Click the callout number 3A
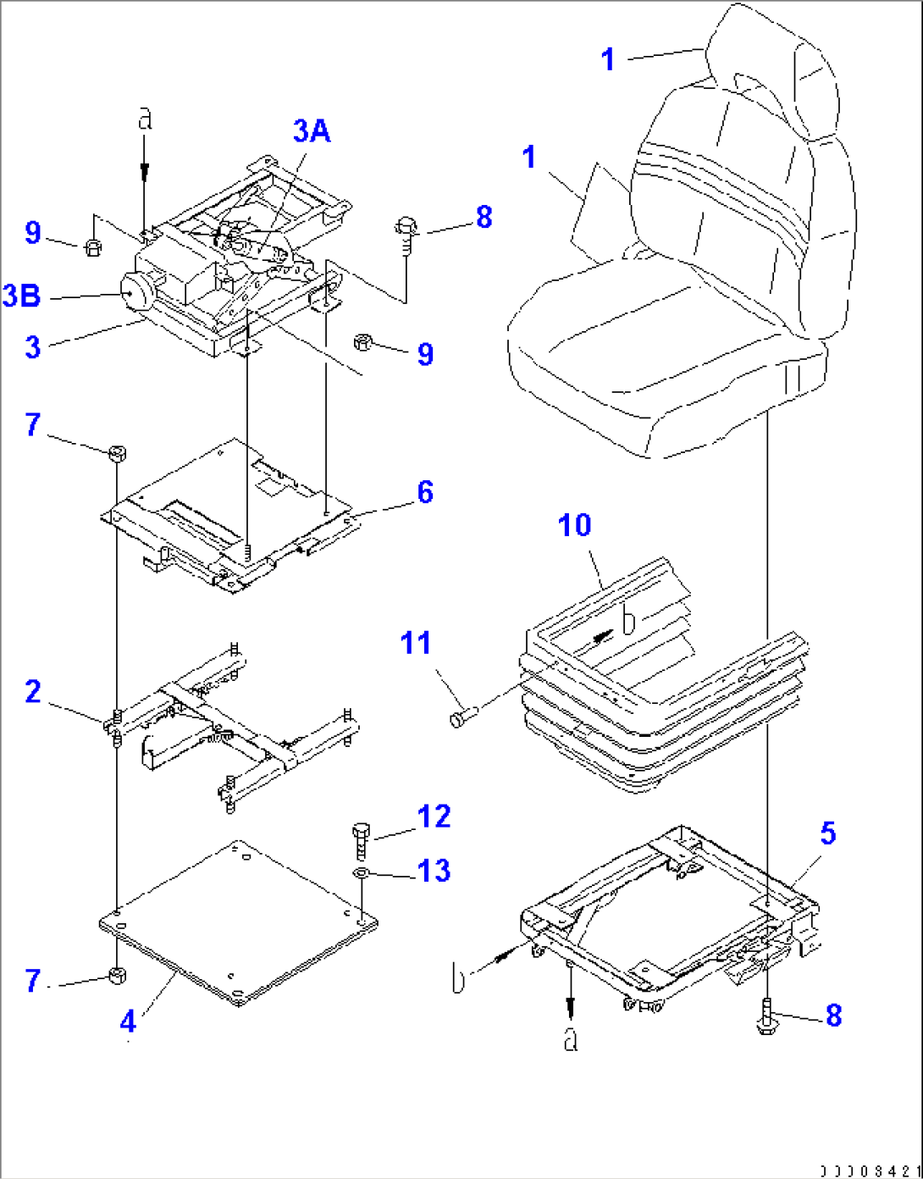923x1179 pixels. coord(312,131)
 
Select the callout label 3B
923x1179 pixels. coord(22,296)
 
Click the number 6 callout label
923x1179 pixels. coord(425,492)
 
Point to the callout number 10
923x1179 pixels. coord(575,525)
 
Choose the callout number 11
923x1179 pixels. coord(416,643)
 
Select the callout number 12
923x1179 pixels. coord(434,816)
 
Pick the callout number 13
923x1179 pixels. coord(434,870)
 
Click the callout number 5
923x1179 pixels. coord(827,833)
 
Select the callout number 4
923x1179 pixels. coord(128,1021)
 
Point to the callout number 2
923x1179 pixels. coord(33,691)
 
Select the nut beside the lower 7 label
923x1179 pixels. coord(118,976)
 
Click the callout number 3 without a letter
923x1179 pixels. coord(33,346)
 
